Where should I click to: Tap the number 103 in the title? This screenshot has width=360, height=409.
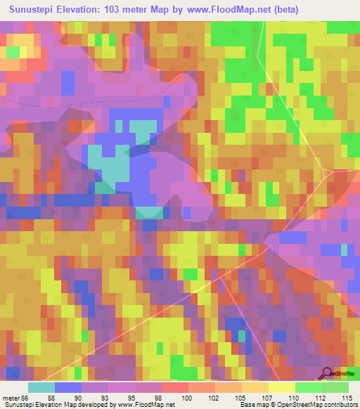(134, 10)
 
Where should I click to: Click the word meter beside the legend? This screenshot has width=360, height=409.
(11, 398)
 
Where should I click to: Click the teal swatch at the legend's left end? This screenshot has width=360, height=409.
(41, 387)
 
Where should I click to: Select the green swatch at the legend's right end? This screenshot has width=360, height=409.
(335, 387)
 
